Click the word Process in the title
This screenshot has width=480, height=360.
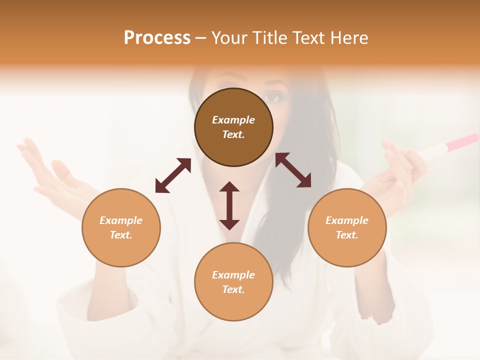click(x=157, y=38)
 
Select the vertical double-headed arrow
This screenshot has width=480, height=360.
click(x=229, y=205)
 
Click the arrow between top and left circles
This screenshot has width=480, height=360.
click(x=173, y=175)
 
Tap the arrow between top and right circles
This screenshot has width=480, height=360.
click(x=293, y=170)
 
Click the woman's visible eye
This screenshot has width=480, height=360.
click(x=273, y=97)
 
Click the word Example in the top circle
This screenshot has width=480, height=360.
click(x=233, y=120)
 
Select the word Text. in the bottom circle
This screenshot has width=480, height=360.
click(x=233, y=289)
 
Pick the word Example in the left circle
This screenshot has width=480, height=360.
click(x=121, y=220)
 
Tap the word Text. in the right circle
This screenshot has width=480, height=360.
click(x=347, y=235)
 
